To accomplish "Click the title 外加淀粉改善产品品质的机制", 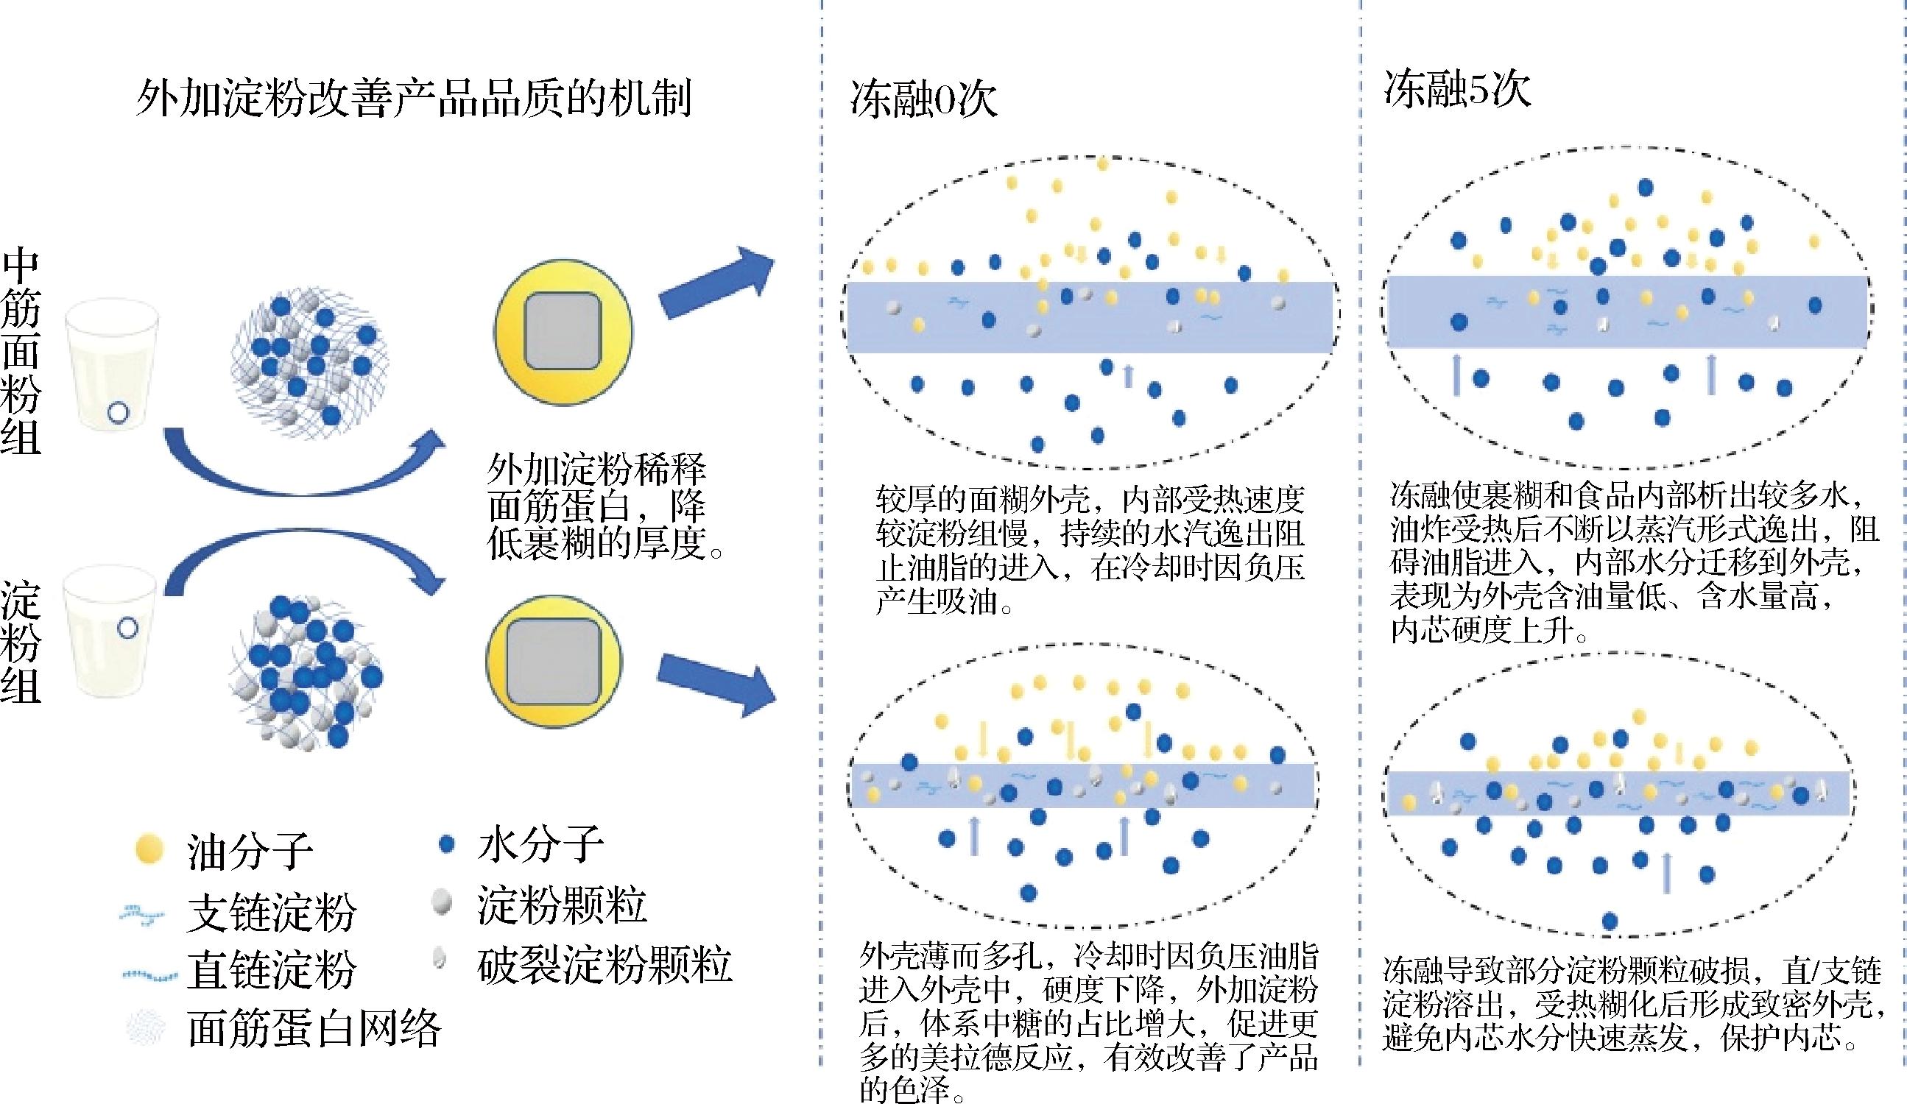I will pos(413,99).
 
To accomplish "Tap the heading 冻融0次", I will pos(923,99).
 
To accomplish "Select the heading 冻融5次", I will pos(1456,90).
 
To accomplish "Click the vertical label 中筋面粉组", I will pos(21,353).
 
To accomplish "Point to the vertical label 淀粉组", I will pos(21,643).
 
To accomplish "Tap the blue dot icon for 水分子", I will pos(446,843).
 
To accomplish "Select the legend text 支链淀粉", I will pos(271,912).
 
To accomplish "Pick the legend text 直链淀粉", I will pos(271,969).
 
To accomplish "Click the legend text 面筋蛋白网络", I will pos(314,1028).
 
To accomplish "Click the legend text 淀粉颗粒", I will pos(562,905).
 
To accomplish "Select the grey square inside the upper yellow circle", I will pos(563,332).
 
